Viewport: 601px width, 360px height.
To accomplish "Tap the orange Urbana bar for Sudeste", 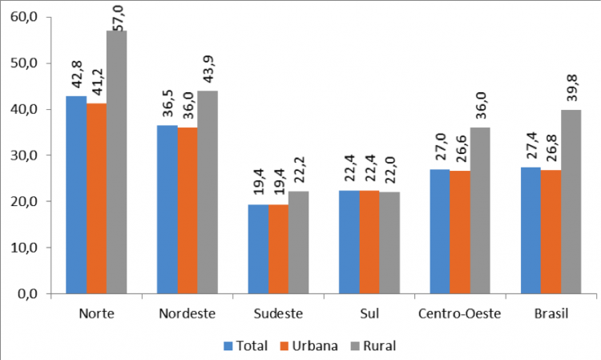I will pos(279,249).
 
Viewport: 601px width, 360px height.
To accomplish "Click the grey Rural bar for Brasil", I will pos(571,202).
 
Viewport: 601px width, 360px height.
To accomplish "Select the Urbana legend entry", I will pos(305,346).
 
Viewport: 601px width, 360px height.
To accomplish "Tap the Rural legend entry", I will pos(371,346).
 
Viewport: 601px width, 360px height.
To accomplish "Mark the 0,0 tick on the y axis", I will pos(29,294).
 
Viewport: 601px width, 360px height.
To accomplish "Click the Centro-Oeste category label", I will pos(459,313).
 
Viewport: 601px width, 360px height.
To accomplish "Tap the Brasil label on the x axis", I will pos(551,313).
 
